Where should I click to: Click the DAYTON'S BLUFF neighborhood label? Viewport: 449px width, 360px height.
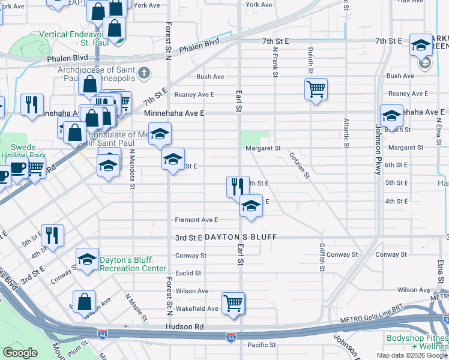(x=241, y=238)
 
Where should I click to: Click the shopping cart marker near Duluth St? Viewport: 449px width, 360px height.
(x=316, y=89)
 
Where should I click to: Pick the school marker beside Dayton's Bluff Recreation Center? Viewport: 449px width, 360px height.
(x=88, y=259)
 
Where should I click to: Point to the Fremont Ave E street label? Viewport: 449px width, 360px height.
(x=196, y=220)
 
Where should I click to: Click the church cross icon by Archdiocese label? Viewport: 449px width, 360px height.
(x=143, y=74)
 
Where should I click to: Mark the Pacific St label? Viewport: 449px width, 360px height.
(x=261, y=345)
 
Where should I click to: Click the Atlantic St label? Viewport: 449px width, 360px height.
(x=346, y=133)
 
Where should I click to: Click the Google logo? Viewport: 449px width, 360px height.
(x=20, y=353)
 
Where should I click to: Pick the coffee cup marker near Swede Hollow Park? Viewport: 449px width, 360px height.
(x=17, y=170)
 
